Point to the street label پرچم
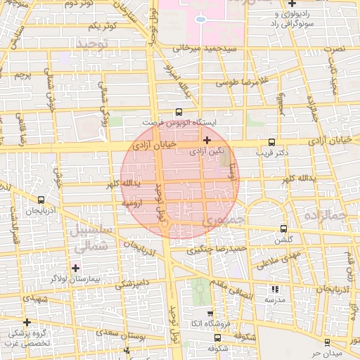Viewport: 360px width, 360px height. coord(23,74)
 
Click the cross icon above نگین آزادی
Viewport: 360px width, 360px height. coord(206,140)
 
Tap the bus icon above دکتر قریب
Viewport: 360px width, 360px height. coord(272,141)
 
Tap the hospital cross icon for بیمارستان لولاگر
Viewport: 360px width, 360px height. coord(75,267)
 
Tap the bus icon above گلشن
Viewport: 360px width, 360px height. coord(284,229)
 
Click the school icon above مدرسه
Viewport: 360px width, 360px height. coord(274,289)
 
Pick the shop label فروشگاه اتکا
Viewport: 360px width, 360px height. coord(210,323)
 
